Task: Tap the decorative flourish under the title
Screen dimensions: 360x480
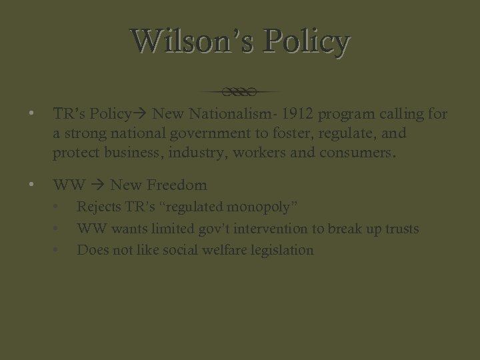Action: [240, 91]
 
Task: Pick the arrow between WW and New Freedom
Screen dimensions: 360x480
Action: [98, 184]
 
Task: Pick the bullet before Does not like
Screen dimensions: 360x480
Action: [58, 251]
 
